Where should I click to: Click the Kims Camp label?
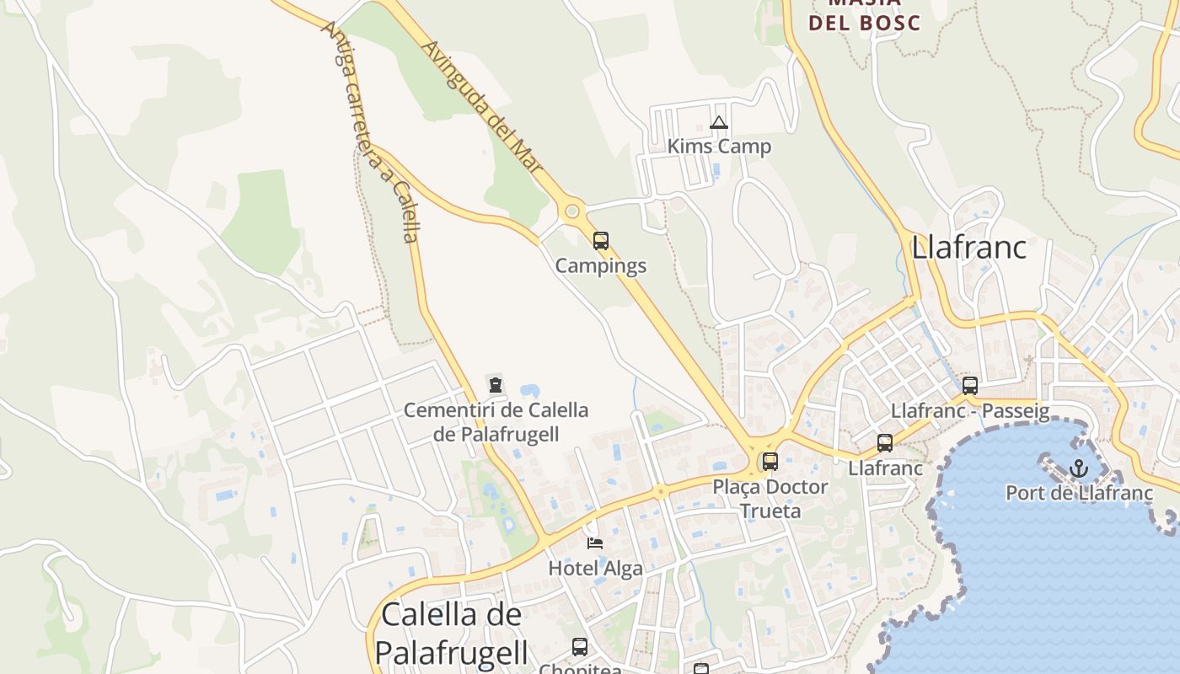click(x=719, y=147)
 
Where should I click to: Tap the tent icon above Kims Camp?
click(x=718, y=123)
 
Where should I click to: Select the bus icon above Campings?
click(x=600, y=241)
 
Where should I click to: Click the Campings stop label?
click(x=600, y=266)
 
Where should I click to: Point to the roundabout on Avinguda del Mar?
click(x=572, y=211)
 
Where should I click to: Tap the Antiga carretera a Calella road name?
click(x=371, y=131)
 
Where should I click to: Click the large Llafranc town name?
click(x=969, y=248)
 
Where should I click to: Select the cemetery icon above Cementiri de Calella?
click(x=496, y=386)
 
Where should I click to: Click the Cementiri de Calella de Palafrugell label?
click(x=496, y=422)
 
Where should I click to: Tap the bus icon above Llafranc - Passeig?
click(x=970, y=386)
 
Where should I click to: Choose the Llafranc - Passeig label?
click(x=970, y=411)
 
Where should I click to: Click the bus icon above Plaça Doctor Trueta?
click(x=770, y=462)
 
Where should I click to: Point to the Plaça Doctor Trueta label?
click(x=770, y=499)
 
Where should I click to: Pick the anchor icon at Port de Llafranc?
click(x=1078, y=468)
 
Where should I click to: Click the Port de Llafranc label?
click(x=1079, y=493)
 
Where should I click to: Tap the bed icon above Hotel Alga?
click(x=595, y=543)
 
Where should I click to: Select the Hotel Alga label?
click(x=595, y=569)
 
